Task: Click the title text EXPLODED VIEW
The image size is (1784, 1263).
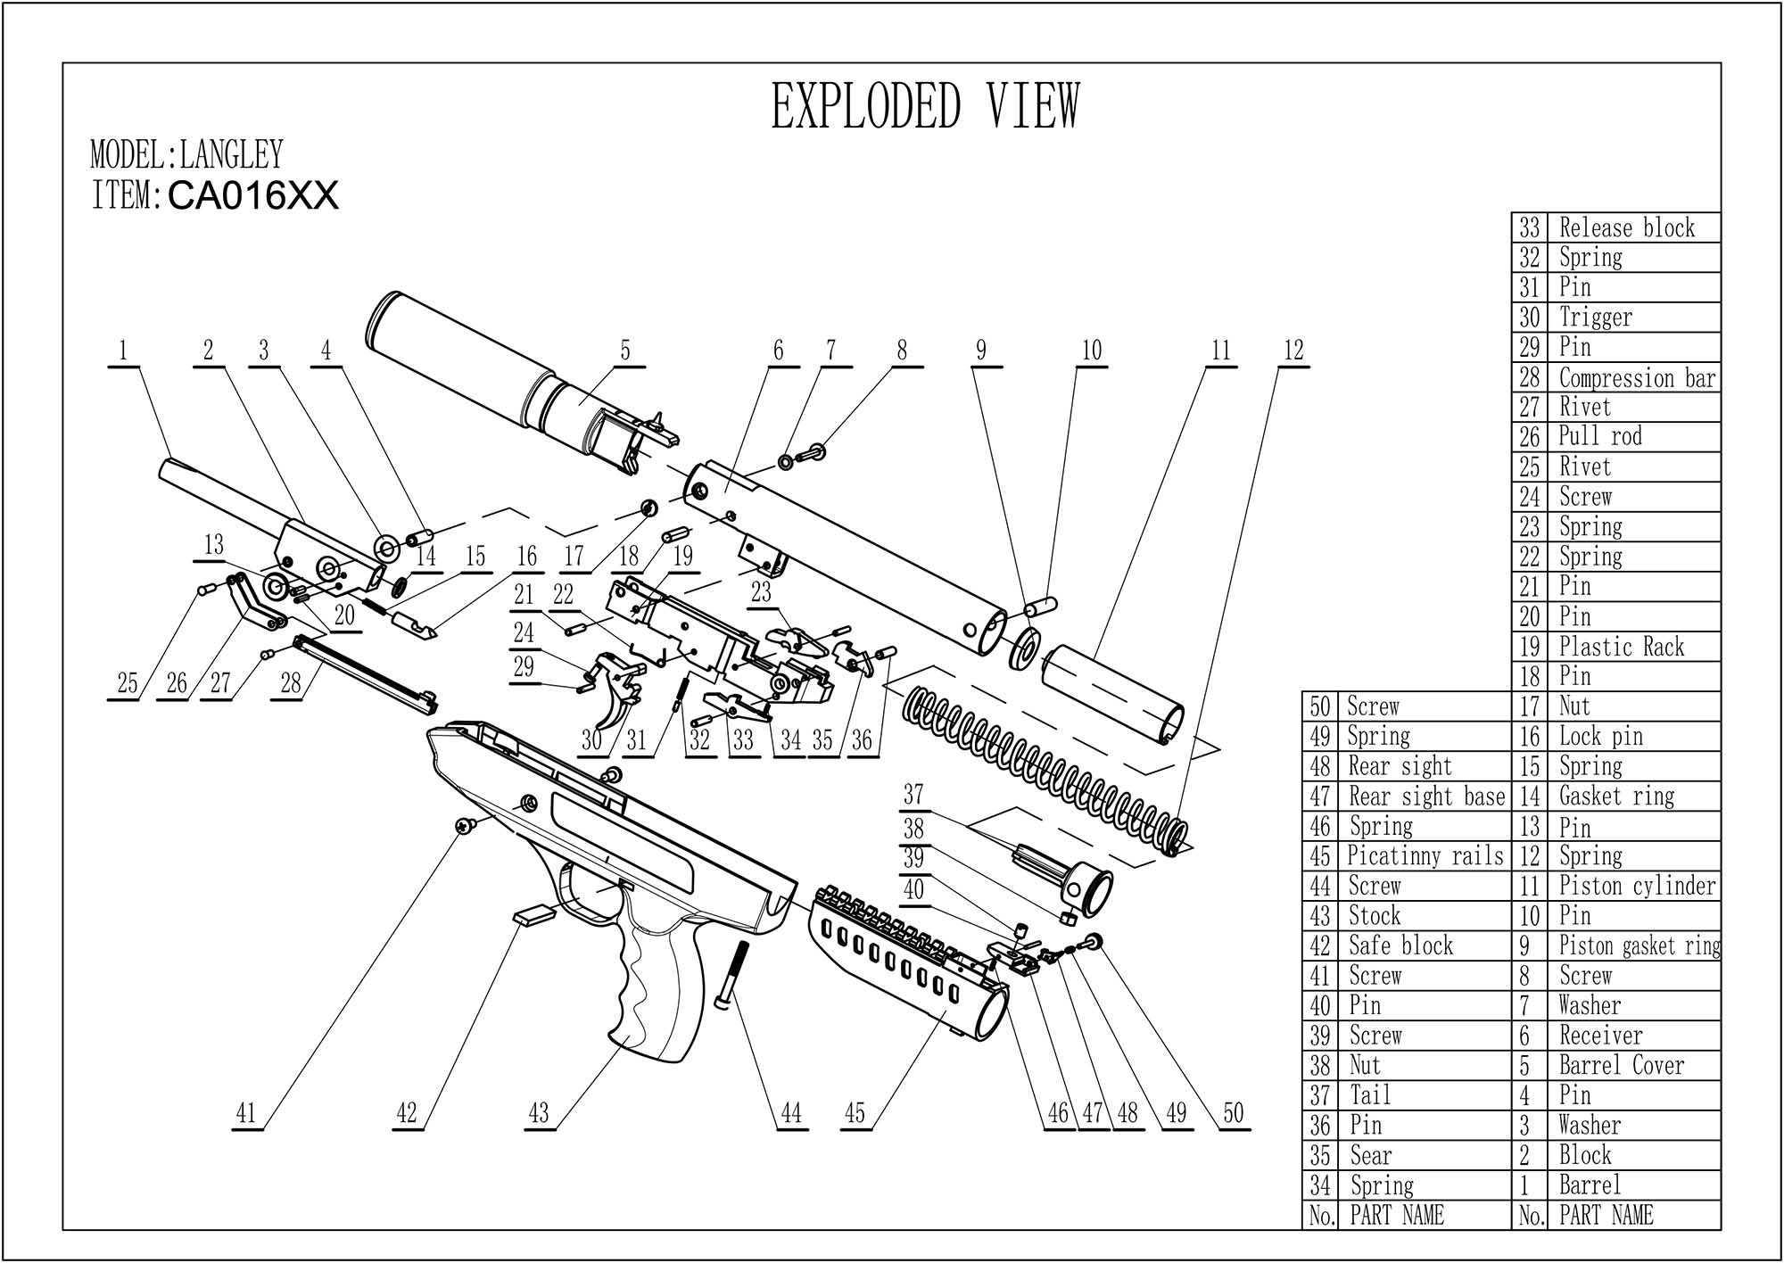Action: coord(925,106)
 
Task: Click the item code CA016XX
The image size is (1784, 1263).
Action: coord(253,196)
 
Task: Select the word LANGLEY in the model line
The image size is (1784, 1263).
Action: coord(232,154)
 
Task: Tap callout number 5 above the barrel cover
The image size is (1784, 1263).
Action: coord(625,351)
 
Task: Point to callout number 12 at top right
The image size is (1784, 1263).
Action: coord(1293,351)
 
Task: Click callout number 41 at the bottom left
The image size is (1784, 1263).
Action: coord(246,1112)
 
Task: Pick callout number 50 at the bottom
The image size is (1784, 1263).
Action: coord(1233,1112)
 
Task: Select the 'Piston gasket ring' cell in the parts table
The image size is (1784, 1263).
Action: coord(1639,945)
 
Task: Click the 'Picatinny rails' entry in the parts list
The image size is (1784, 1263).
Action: coord(1425,856)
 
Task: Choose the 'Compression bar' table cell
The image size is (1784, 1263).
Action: coord(1637,378)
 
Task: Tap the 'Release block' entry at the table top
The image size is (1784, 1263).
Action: coord(1626,228)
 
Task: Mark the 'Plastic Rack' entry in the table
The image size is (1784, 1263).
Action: coord(1621,647)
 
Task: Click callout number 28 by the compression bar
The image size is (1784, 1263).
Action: coord(291,683)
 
